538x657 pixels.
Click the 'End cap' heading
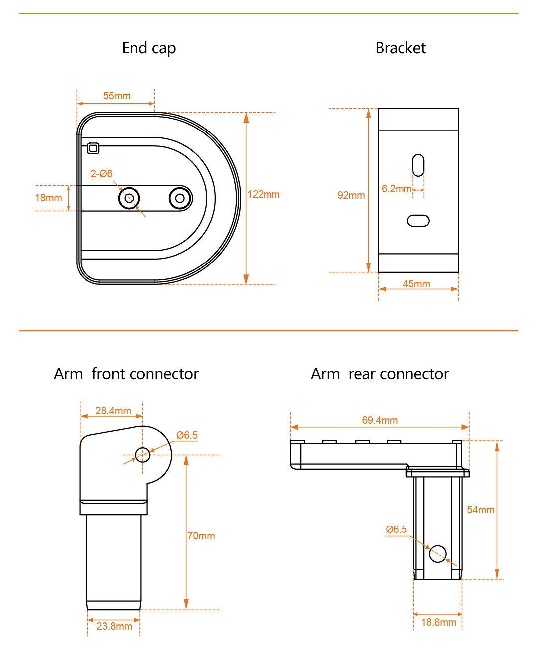point(149,48)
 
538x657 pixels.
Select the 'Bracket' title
point(401,48)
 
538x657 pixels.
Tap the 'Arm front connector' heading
point(126,374)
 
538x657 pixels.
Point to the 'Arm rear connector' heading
point(380,374)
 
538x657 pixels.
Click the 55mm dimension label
point(117,96)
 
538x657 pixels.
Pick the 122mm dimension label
point(264,194)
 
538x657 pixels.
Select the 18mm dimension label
point(48,198)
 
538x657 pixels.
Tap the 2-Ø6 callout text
point(101,174)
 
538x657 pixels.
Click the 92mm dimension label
point(351,195)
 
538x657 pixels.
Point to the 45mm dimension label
point(416,284)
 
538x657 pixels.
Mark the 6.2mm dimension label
point(397,189)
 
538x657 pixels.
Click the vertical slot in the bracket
point(418,165)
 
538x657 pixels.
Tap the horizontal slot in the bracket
point(418,220)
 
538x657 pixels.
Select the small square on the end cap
point(93,148)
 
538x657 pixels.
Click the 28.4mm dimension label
point(113,411)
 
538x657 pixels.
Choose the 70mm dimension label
point(201,536)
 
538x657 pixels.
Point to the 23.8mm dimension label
point(114,626)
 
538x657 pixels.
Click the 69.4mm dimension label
point(380,420)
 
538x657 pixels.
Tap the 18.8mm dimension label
point(438,622)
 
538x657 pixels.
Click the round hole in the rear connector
point(438,553)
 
